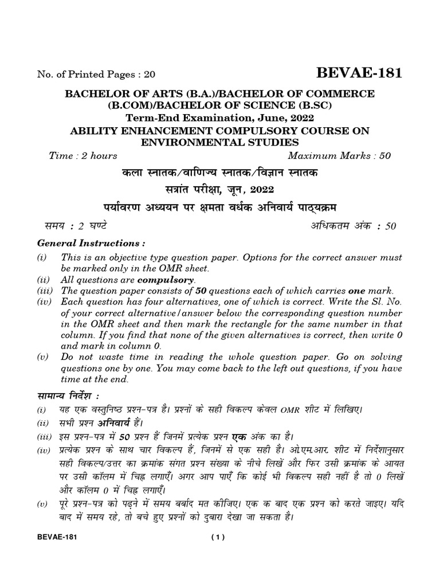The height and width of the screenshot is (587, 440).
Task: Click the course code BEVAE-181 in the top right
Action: coord(358,73)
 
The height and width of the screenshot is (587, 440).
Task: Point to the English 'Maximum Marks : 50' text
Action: coord(342,156)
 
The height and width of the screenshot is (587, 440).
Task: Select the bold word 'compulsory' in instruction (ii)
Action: coord(166,280)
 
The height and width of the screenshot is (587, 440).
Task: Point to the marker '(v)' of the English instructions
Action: coord(42,356)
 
